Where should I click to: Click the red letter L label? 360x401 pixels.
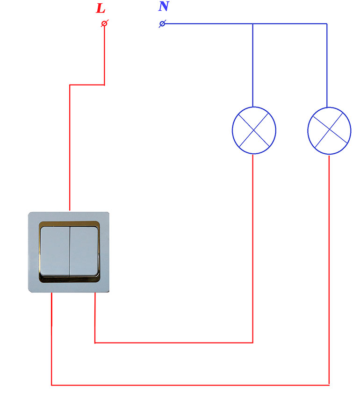pyautogui.click(x=101, y=8)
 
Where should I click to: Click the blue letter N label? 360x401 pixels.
pyautogui.click(x=164, y=7)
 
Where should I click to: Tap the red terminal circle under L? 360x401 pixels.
pyautogui.click(x=104, y=24)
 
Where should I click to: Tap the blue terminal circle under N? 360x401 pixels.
pyautogui.click(x=162, y=24)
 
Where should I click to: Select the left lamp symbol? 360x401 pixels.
pyautogui.click(x=254, y=130)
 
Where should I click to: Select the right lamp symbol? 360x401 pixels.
pyautogui.click(x=329, y=131)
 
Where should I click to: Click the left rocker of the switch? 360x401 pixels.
pyautogui.click(x=55, y=251)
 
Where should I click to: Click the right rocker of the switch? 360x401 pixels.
pyautogui.click(x=84, y=251)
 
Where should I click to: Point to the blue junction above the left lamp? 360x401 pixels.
pyautogui.click(x=253, y=24)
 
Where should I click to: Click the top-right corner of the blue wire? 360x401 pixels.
pyautogui.click(x=327, y=24)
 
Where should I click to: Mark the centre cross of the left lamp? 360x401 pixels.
pyautogui.click(x=253, y=130)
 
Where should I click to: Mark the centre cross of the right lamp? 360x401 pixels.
pyautogui.click(x=329, y=130)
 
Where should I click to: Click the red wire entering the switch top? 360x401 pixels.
pyautogui.click(x=70, y=148)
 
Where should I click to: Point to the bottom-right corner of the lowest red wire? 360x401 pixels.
pyautogui.click(x=329, y=385)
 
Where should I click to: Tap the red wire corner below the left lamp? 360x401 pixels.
pyautogui.click(x=253, y=343)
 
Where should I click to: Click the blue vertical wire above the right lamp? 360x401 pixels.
pyautogui.click(x=327, y=65)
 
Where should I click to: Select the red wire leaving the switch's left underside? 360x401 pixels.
pyautogui.click(x=51, y=338)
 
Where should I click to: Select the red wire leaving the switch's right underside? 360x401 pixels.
pyautogui.click(x=95, y=318)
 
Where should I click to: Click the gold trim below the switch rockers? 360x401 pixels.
pyautogui.click(x=69, y=279)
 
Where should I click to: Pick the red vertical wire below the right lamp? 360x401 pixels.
pyautogui.click(x=329, y=270)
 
